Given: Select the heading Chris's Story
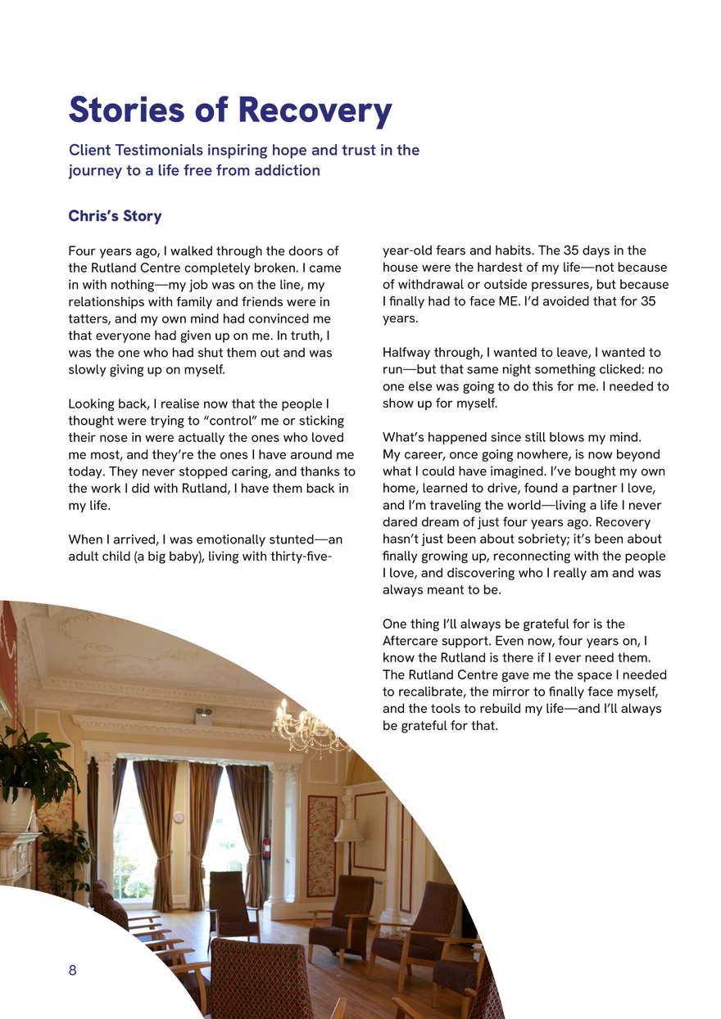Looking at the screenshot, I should click(115, 216).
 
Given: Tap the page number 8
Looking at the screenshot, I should click(72, 971).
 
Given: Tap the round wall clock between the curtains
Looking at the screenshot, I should click(179, 817).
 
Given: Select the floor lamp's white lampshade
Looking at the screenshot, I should click(349, 828).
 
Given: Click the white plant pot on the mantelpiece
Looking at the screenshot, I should click(16, 810).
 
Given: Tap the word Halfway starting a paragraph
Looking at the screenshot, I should click(408, 353).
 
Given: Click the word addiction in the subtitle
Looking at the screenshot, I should click(288, 170).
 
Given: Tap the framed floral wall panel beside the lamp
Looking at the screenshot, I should click(321, 845).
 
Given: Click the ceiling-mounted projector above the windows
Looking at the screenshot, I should click(203, 714).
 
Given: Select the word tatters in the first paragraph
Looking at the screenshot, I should click(88, 318).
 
